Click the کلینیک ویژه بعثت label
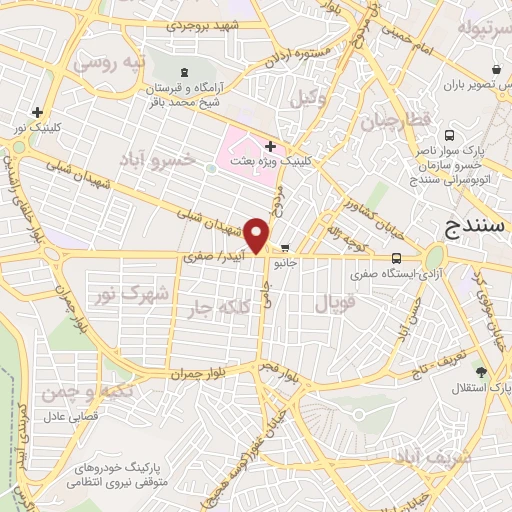tap(306, 159)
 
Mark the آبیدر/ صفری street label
tap(212, 258)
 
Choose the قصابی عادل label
tap(67, 413)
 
